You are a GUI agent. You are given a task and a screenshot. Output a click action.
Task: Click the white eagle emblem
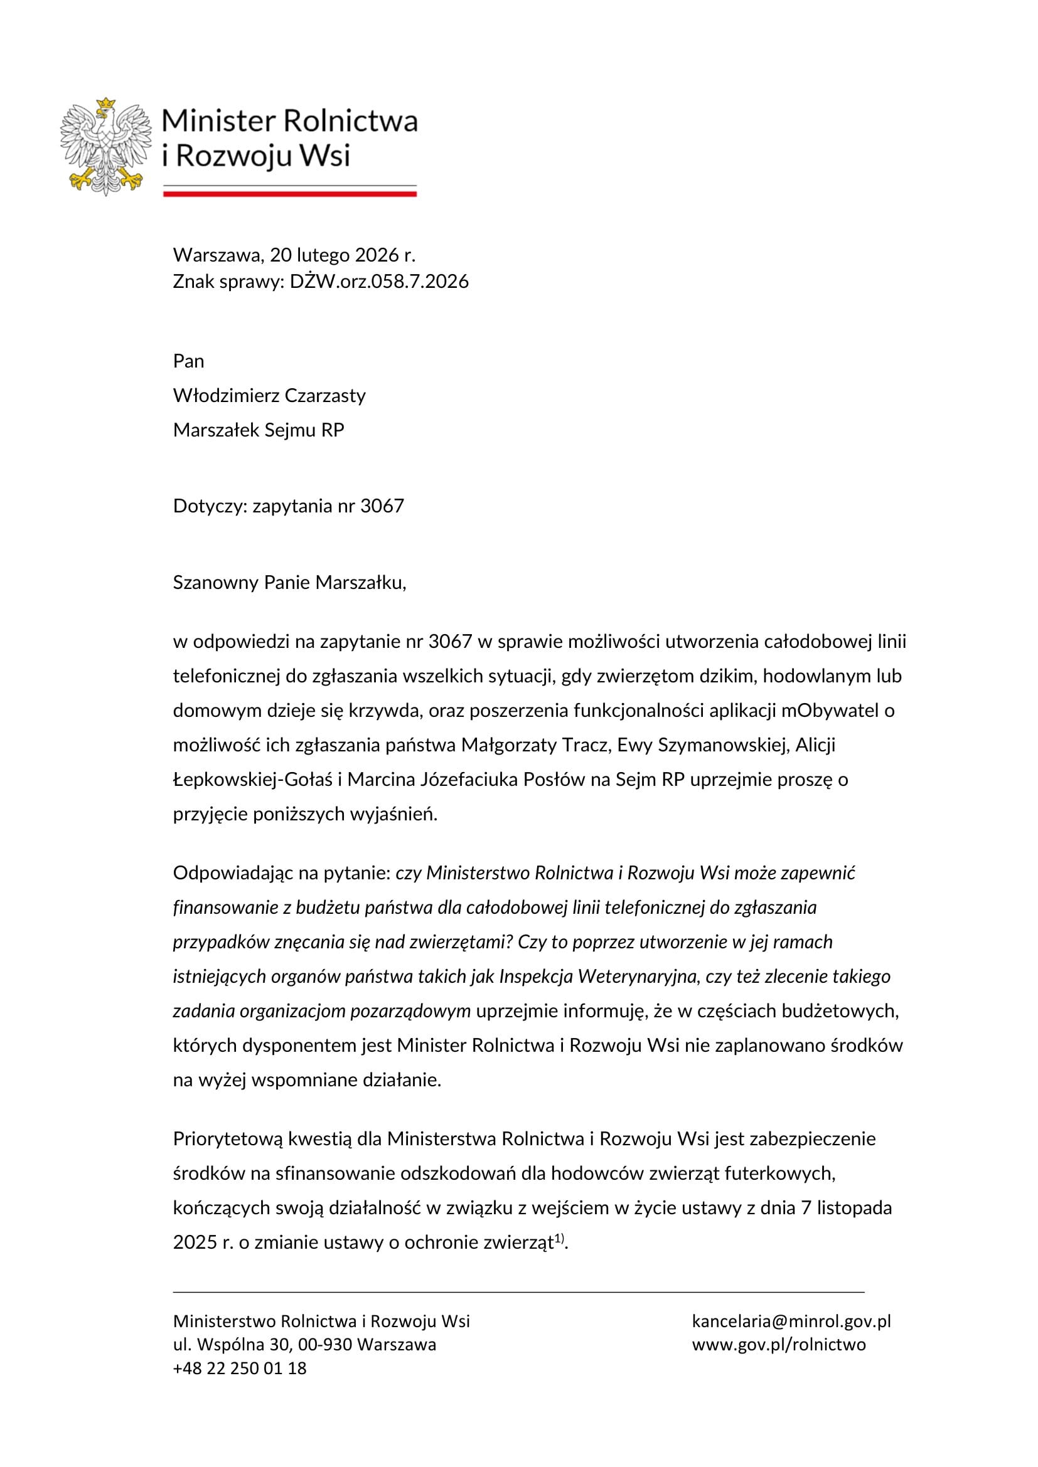pyautogui.click(x=105, y=147)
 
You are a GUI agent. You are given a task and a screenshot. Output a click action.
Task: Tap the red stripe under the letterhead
pyautogui.click(x=289, y=193)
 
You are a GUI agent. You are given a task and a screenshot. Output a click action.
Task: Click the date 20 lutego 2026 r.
pyautogui.click(x=343, y=255)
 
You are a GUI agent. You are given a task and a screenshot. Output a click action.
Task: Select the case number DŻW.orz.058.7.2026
pyautogui.click(x=379, y=281)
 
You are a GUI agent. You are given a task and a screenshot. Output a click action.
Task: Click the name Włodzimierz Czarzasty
pyautogui.click(x=269, y=396)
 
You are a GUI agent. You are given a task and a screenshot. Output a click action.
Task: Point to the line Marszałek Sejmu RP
pyautogui.click(x=258, y=430)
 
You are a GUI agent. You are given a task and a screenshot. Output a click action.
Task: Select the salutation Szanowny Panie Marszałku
pyautogui.click(x=289, y=582)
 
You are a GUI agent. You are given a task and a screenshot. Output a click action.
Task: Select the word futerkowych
pyautogui.click(x=786, y=1173)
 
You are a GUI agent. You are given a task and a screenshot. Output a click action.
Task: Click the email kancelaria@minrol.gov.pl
pyautogui.click(x=791, y=1321)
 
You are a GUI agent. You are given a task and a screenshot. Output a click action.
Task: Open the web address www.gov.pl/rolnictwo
pyautogui.click(x=778, y=1344)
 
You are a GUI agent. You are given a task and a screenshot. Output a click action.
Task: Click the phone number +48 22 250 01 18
pyautogui.click(x=240, y=1368)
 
